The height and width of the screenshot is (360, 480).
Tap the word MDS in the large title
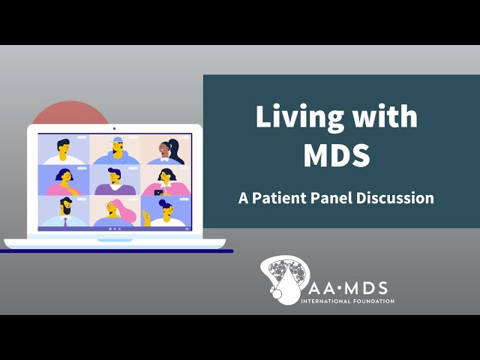point(337,155)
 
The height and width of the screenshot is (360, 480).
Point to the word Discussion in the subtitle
point(395,198)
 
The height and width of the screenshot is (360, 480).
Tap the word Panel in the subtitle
point(331,198)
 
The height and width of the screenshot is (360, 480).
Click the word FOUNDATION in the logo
point(373,301)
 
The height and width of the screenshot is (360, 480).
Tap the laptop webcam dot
point(115,128)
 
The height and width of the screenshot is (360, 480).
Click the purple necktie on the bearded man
point(65,222)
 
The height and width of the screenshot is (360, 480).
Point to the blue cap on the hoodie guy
point(118,140)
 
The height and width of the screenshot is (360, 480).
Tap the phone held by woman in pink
point(158,193)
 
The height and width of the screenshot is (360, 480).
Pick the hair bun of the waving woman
point(162,202)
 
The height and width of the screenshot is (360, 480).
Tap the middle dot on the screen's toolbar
point(115,229)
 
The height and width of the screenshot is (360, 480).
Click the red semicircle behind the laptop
point(70,113)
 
